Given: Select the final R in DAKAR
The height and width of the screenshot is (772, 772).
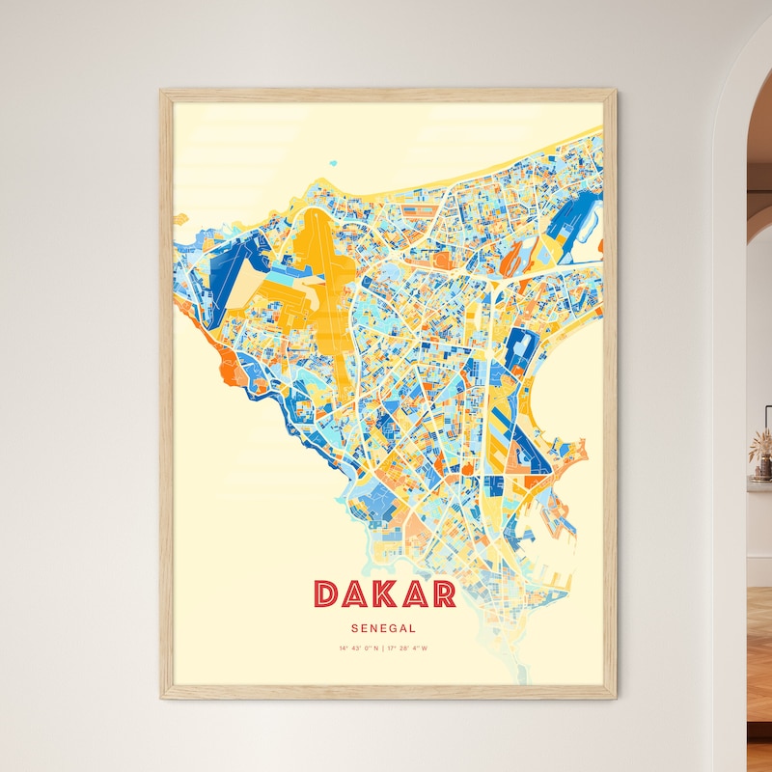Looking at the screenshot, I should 443,593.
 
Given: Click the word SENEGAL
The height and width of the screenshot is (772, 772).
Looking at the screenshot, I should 384,627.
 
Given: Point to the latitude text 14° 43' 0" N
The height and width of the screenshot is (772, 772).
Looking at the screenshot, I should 358,648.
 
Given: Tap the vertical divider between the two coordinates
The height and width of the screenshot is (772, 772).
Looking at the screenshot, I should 383,648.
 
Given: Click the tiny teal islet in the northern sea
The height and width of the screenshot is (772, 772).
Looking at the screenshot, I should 333,164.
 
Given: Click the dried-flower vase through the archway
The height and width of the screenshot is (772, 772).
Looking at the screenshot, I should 762,454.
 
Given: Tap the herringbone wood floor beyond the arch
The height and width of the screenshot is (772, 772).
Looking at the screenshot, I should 759,656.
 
